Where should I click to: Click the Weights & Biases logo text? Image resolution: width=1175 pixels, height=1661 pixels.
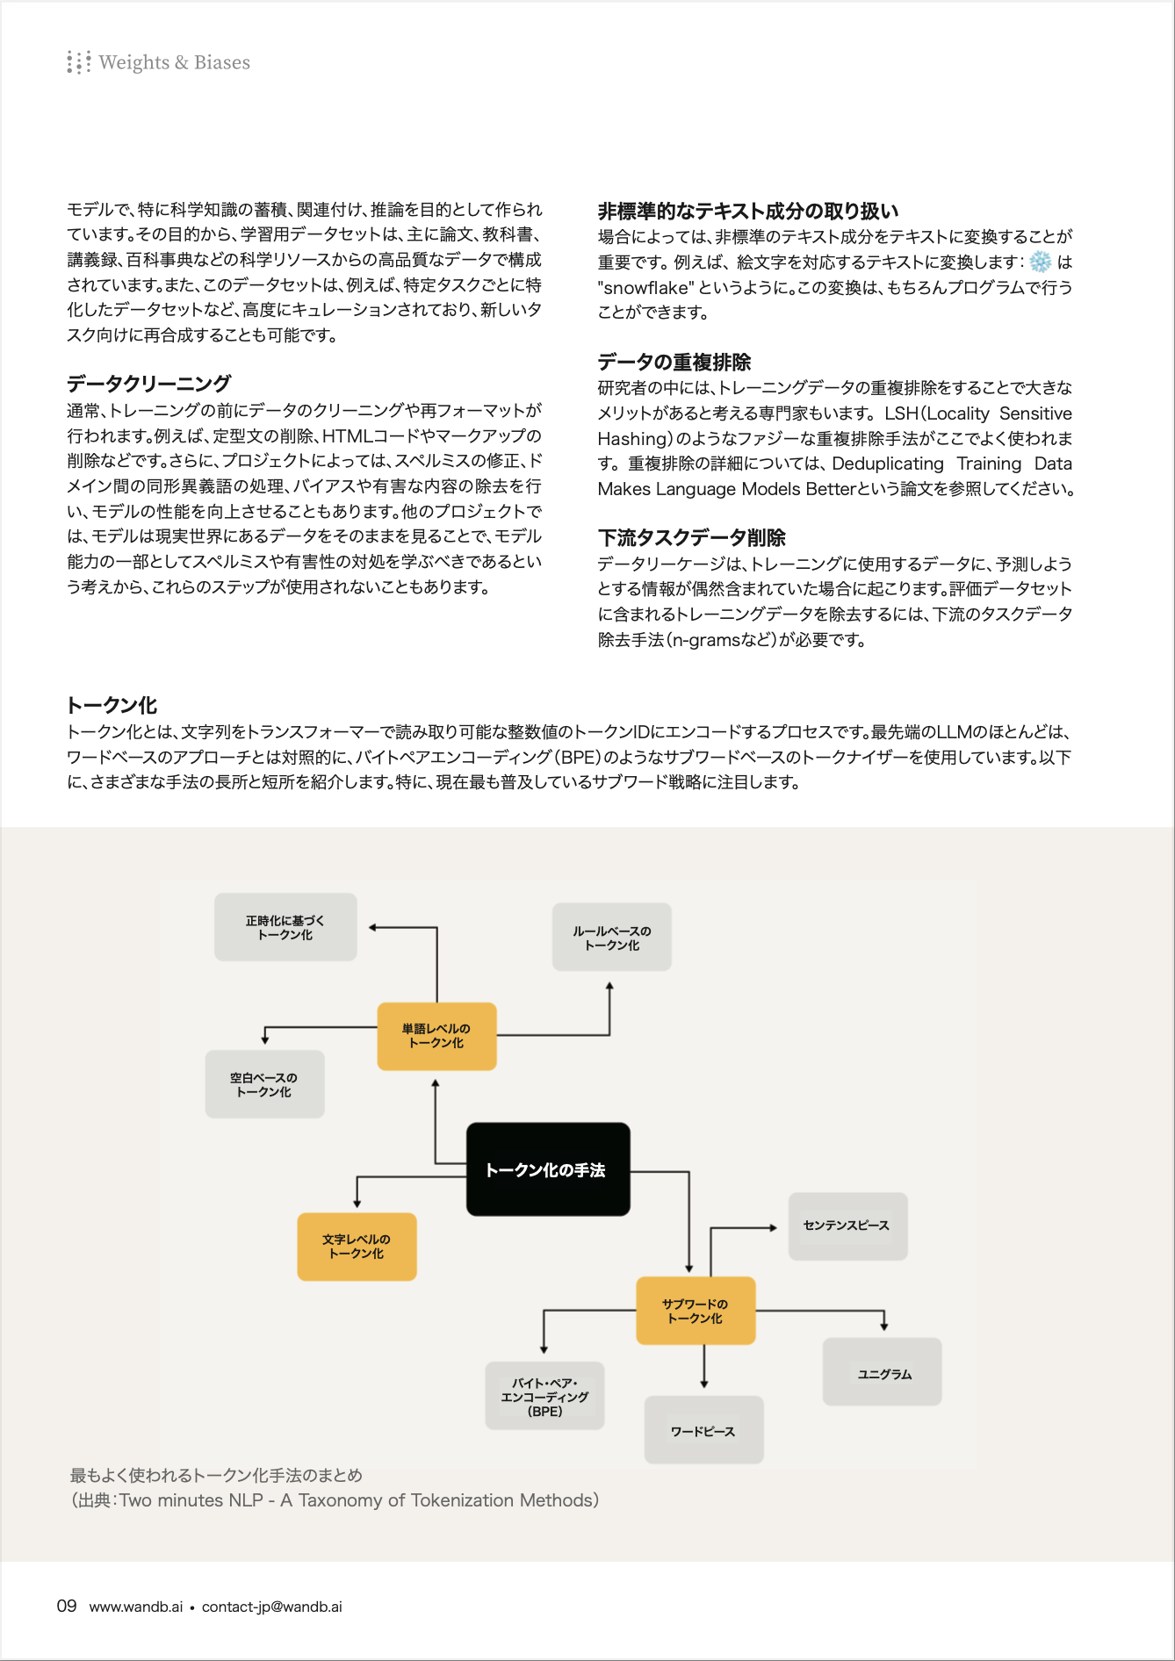[x=174, y=62]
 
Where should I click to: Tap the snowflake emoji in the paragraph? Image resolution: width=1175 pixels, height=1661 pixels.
[x=1040, y=262]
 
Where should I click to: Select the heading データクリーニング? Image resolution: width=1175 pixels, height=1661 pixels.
[x=148, y=383]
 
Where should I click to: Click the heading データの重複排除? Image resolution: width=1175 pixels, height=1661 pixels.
[x=674, y=362]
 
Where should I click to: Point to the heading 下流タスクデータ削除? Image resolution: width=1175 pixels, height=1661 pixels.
[x=691, y=537]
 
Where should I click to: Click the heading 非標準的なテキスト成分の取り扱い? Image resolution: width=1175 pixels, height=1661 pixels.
[x=747, y=211]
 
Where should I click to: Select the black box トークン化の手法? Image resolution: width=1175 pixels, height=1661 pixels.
[x=547, y=1169]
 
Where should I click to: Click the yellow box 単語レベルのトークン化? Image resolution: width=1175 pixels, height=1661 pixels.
[x=436, y=1036]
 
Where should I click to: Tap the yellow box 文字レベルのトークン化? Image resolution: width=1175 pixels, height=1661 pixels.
[x=357, y=1247]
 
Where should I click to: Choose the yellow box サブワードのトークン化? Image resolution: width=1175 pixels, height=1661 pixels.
[x=695, y=1311]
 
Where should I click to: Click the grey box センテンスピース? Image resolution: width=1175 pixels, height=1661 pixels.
[x=847, y=1226]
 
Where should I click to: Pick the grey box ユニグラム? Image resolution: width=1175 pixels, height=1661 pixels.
[x=883, y=1373]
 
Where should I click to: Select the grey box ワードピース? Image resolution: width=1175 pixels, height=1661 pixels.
[x=703, y=1431]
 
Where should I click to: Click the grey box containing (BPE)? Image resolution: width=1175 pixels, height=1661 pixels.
[x=544, y=1397]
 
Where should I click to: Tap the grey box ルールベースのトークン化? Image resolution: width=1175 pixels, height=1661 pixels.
[x=612, y=938]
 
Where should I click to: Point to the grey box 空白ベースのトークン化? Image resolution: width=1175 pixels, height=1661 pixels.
[x=264, y=1084]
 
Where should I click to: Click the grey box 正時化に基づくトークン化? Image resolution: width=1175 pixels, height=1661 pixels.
[x=285, y=927]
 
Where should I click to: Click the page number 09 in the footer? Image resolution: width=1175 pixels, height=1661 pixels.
[x=67, y=1607]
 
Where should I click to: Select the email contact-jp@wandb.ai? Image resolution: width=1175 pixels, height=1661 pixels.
[x=272, y=1607]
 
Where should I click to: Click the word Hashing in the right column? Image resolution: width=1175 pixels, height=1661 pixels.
[x=633, y=439]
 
